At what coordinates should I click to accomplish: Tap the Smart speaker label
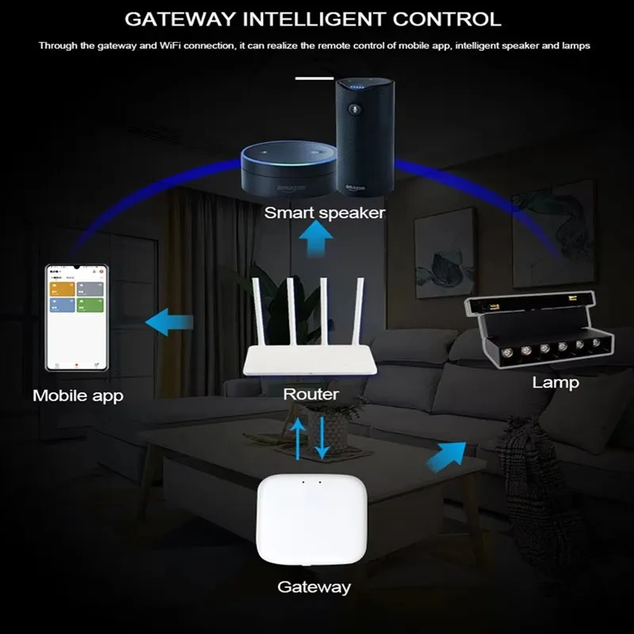(324, 212)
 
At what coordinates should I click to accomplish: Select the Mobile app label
(78, 395)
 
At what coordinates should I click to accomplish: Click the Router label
(311, 394)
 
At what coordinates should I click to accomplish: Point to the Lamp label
(555, 383)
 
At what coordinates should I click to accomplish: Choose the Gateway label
(314, 587)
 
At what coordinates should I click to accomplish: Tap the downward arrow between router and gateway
(322, 437)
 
